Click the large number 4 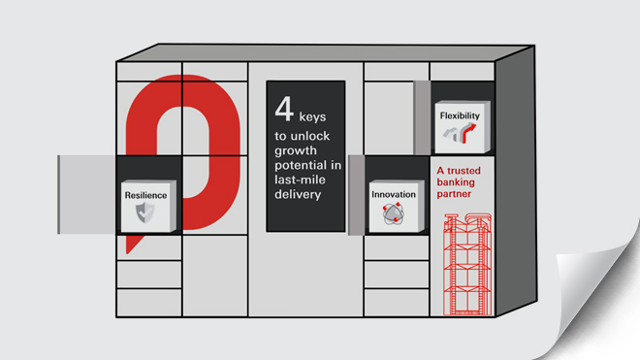[x=284, y=109]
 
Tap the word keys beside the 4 [x=312, y=117]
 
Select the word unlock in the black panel [x=310, y=136]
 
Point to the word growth [x=296, y=151]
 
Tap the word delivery [x=298, y=194]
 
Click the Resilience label [x=145, y=195]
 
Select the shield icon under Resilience [x=144, y=213]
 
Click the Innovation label [x=394, y=194]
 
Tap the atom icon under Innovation [x=394, y=214]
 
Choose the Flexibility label [x=460, y=116]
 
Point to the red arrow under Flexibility [x=469, y=133]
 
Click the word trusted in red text [x=464, y=171]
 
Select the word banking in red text [x=456, y=182]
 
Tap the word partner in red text [x=454, y=194]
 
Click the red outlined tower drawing [x=467, y=264]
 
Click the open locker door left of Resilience [x=86, y=194]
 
